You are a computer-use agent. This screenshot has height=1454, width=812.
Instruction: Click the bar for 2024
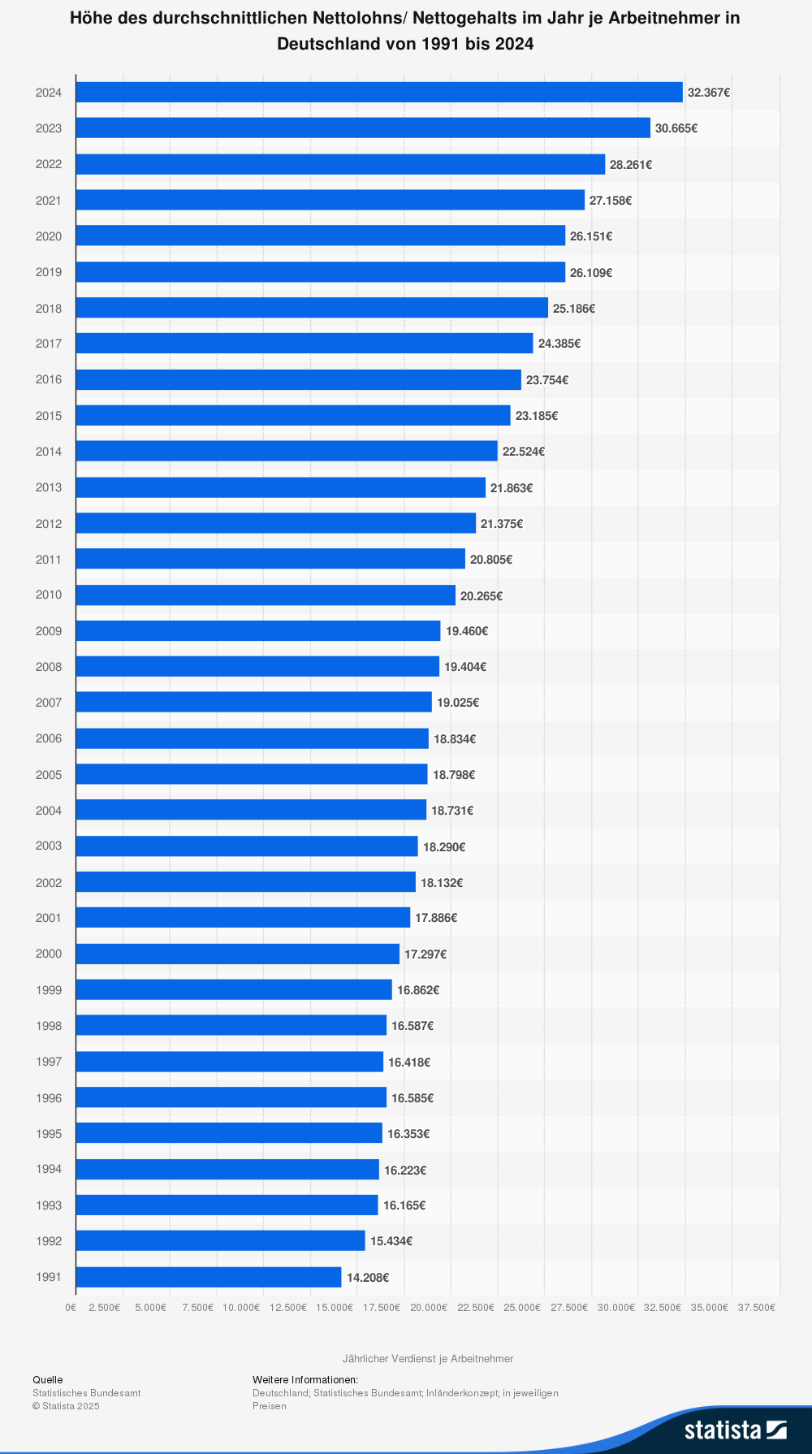pos(379,93)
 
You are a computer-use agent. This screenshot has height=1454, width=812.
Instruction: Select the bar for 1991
pos(209,1277)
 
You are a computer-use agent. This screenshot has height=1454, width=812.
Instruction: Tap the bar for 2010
pos(266,595)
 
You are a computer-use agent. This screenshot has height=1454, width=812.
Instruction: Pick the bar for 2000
pos(238,954)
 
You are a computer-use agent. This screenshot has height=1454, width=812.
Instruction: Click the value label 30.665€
pos(676,128)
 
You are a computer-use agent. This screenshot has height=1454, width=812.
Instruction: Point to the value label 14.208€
pos(368,1278)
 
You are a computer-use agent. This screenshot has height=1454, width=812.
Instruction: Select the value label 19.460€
pos(467,631)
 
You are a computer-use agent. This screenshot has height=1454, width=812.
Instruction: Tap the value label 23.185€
pos(537,416)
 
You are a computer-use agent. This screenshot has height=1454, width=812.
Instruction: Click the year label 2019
pos(49,272)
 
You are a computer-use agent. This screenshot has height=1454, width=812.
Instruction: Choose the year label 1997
pos(49,1062)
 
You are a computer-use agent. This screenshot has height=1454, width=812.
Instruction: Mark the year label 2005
pos(49,775)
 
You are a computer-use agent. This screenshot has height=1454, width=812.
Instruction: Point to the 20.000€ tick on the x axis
pos(429,1308)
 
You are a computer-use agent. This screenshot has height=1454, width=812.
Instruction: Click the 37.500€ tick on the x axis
pos(756,1308)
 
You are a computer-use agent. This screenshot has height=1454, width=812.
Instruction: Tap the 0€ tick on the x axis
pos(71,1308)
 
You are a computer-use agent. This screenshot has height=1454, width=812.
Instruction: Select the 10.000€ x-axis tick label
pos(241,1308)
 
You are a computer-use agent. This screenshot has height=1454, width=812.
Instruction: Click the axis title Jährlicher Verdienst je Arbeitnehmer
pos(428,1358)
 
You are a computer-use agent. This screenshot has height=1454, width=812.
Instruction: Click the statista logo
pos(735,1430)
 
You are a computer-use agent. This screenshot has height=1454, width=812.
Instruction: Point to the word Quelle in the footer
pos(48,1379)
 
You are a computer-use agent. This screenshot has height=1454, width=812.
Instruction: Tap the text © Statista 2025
pos(66,1406)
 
